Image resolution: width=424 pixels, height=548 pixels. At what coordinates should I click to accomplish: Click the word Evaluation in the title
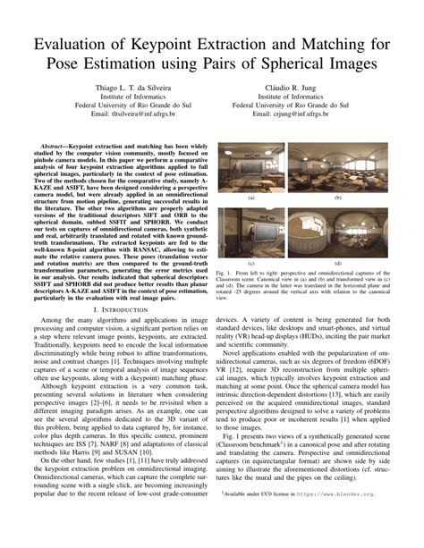(74, 46)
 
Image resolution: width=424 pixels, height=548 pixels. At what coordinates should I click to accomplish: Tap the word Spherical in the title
(295, 68)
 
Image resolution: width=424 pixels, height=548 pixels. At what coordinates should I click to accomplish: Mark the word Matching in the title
(340, 46)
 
